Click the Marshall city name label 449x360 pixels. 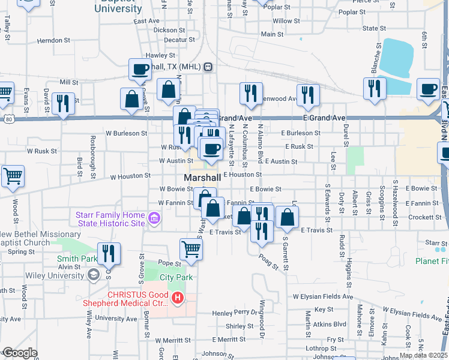pos(202,179)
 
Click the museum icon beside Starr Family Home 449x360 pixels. pos(155,220)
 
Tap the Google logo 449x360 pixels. pos(20,352)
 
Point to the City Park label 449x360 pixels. pos(176,277)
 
